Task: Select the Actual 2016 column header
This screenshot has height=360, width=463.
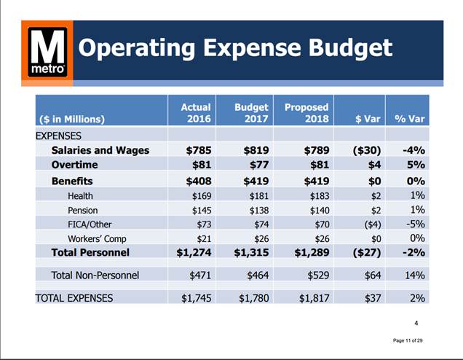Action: [195, 113]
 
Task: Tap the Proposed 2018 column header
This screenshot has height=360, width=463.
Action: [306, 113]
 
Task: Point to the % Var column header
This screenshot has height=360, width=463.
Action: [409, 119]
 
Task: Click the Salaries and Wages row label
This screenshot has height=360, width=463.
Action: [100, 150]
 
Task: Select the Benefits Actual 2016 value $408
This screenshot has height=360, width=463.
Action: [197, 180]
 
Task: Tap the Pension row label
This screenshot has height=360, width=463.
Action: [84, 210]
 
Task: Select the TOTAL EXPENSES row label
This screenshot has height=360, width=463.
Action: [74, 297]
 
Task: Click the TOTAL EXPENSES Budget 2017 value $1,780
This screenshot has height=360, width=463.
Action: [250, 297]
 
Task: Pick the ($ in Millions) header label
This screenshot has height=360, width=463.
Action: [71, 119]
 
